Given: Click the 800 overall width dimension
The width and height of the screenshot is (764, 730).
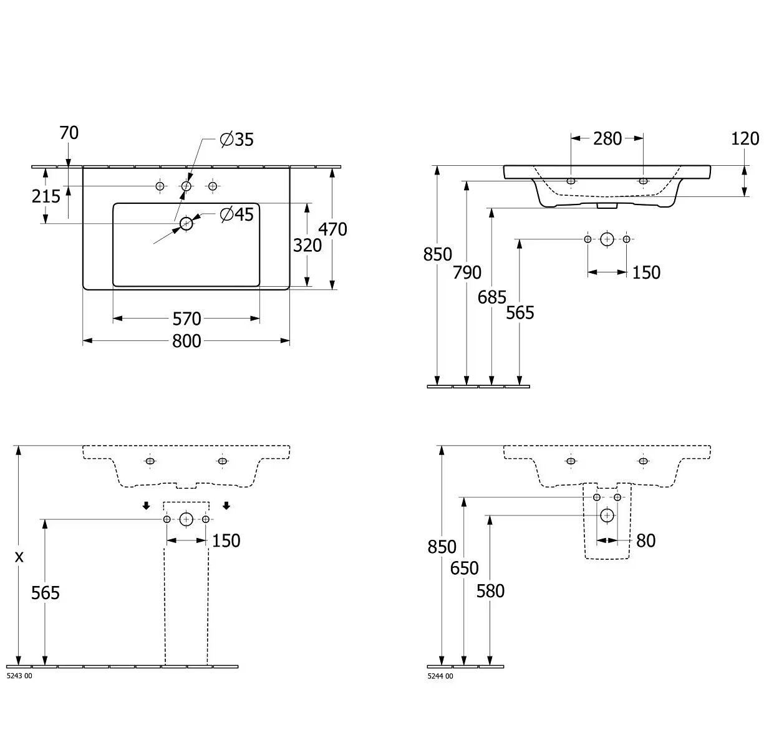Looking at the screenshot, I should click(x=186, y=341).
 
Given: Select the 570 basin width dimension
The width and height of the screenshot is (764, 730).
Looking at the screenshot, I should click(x=186, y=319).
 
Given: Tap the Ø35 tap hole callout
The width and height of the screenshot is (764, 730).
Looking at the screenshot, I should click(x=237, y=140).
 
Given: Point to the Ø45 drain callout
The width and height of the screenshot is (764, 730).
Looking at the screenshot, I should click(x=237, y=214).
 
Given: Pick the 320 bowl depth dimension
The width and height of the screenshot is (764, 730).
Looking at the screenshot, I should click(x=307, y=246).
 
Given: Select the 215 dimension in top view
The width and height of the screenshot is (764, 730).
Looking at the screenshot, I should click(x=46, y=196).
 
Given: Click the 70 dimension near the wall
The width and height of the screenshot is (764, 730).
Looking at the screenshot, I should click(x=69, y=133).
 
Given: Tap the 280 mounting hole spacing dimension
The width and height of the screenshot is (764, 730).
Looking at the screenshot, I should click(x=607, y=138).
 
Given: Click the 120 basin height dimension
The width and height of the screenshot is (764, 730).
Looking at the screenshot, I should click(x=745, y=138).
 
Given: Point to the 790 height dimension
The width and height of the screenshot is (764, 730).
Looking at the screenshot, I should click(x=467, y=272).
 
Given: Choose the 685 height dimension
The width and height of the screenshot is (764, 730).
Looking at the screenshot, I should click(x=492, y=297).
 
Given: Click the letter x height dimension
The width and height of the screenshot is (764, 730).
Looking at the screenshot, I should click(x=19, y=557).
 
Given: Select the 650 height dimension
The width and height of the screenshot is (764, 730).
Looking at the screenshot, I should click(x=465, y=568).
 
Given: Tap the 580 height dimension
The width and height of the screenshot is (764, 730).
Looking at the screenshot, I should click(x=490, y=590).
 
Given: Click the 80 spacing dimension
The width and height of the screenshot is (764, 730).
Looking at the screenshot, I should click(x=646, y=540).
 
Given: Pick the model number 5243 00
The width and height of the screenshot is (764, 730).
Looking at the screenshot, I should click(x=19, y=676).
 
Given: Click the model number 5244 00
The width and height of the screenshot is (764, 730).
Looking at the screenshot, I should click(x=440, y=676).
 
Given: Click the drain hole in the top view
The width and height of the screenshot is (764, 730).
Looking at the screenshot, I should click(x=186, y=223).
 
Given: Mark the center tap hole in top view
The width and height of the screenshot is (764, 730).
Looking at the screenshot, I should click(x=186, y=186).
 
